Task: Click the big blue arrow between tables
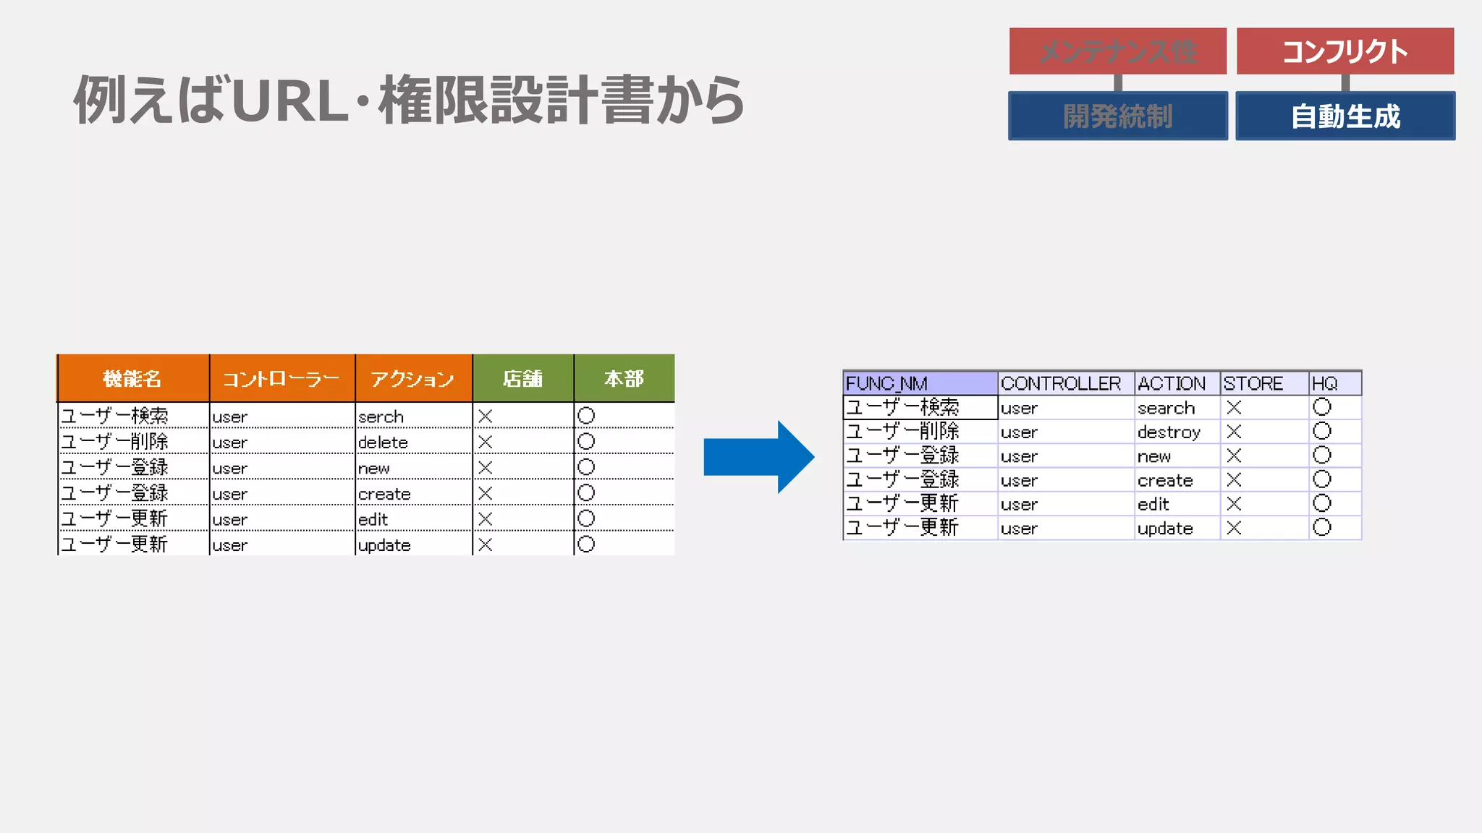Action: (x=758, y=457)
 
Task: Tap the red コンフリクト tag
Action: (x=1345, y=51)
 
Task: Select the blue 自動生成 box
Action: (x=1345, y=116)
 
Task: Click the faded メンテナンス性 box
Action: (x=1117, y=51)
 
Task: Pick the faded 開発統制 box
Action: (x=1117, y=116)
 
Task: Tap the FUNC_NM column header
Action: (x=919, y=383)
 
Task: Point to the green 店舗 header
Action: (x=522, y=378)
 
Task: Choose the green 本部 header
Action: (x=624, y=378)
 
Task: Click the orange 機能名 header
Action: (x=132, y=378)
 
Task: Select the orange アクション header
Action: (x=412, y=378)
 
